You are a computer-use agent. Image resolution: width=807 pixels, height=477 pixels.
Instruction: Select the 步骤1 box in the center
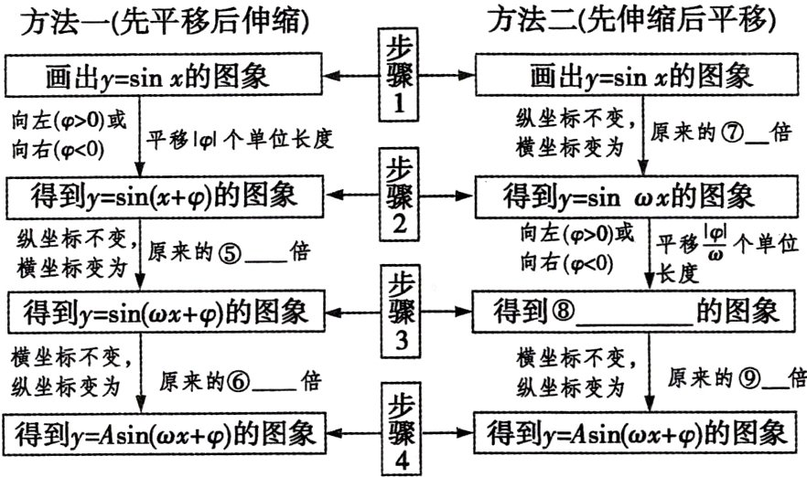398,73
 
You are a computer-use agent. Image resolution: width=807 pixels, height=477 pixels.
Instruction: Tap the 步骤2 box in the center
398,194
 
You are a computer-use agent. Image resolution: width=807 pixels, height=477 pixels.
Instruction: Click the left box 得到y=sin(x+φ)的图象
165,196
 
